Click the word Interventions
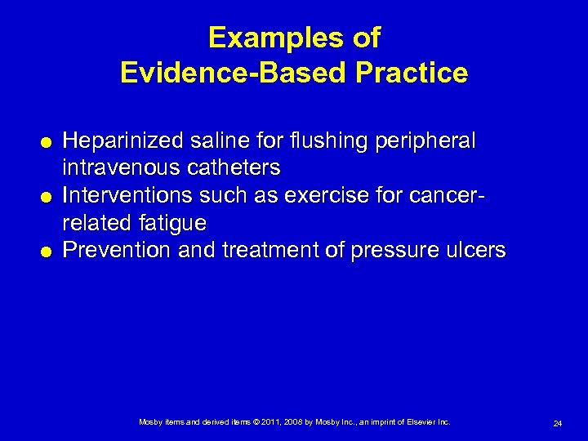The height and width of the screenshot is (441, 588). pos(122,195)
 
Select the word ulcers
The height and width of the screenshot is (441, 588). pos(476,249)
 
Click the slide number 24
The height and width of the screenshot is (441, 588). pos(557,423)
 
